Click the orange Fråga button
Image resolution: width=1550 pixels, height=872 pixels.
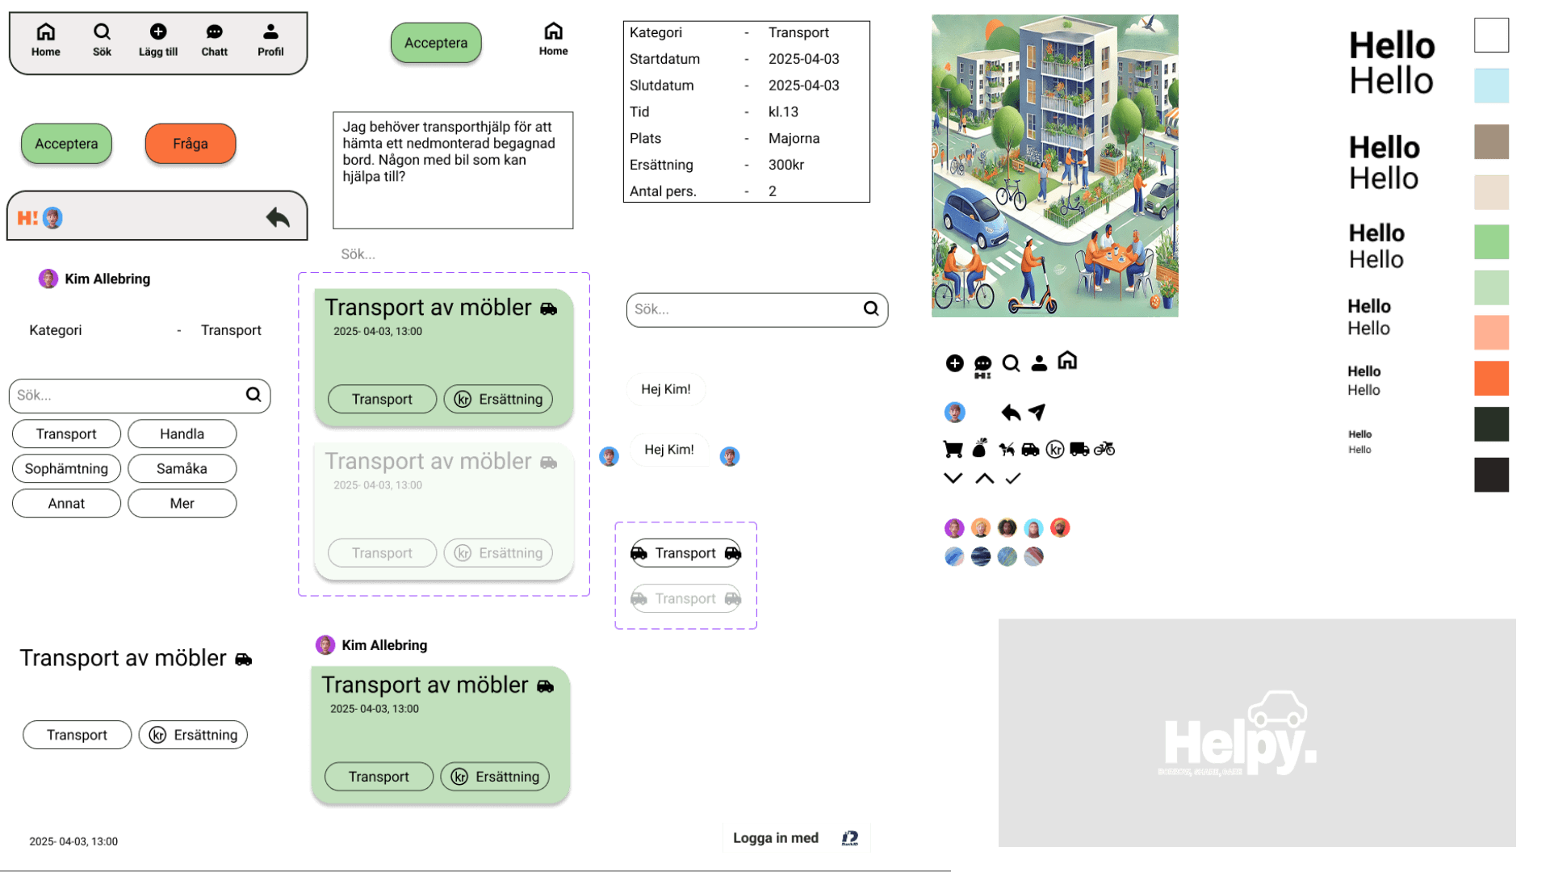click(191, 144)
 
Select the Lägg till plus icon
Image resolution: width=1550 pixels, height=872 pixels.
click(158, 31)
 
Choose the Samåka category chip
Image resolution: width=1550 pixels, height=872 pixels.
click(182, 468)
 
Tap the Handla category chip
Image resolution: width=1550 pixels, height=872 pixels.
click(182, 434)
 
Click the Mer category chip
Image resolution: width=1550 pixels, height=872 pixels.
click(182, 503)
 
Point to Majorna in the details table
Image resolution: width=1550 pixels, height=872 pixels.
click(794, 138)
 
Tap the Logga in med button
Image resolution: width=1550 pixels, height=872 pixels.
click(796, 838)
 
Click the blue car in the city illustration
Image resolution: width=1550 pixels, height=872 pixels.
click(976, 217)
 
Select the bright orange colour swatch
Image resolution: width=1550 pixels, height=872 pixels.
click(1491, 378)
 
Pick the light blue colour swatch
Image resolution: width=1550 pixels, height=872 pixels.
click(1491, 86)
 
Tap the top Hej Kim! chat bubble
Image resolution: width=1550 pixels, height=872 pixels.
click(666, 389)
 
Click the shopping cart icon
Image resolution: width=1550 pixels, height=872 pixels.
click(953, 449)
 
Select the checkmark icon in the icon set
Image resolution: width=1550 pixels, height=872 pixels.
click(1013, 478)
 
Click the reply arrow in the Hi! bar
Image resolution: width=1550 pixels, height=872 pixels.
click(278, 217)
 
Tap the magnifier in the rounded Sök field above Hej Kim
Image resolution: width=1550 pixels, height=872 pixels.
click(871, 308)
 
